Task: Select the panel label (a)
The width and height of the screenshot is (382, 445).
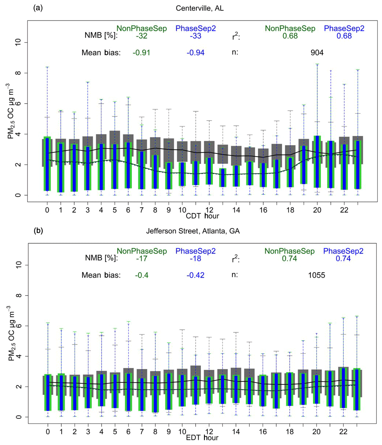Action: coord(38,8)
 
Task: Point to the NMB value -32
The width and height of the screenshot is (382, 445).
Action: coord(141,36)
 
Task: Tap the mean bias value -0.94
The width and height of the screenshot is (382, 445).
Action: coord(195,53)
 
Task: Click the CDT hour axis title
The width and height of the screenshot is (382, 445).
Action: coord(203,216)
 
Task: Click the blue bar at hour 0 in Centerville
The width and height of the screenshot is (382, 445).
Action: coord(47,164)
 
